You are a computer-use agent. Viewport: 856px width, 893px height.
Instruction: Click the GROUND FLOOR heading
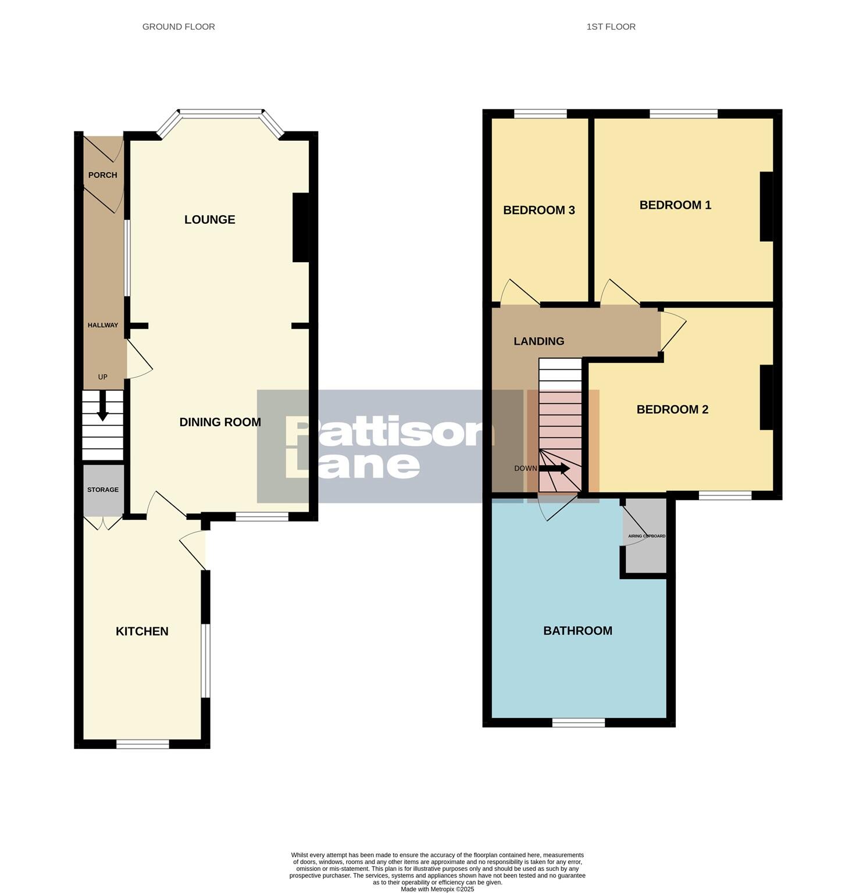[x=179, y=27]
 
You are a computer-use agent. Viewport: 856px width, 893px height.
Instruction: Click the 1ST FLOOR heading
[x=611, y=27]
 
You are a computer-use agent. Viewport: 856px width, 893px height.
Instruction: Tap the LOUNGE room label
[x=209, y=220]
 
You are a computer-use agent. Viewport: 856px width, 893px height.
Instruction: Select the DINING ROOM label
[x=220, y=423]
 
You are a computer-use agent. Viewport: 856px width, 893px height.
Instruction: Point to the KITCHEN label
[x=142, y=631]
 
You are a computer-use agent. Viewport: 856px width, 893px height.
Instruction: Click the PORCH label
[x=103, y=175]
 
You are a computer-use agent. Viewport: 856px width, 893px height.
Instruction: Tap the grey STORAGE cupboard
[x=103, y=490]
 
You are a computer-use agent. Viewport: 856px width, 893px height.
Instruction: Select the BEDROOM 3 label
[x=538, y=210]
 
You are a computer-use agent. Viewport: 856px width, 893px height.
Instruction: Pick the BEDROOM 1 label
[x=675, y=205]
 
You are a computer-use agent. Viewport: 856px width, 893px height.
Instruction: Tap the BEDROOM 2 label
[x=672, y=410]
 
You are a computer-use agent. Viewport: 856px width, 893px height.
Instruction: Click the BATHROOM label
[x=577, y=631]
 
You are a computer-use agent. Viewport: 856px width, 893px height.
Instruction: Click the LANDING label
[x=538, y=341]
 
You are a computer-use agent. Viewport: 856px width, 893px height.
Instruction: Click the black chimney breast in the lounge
[x=301, y=227]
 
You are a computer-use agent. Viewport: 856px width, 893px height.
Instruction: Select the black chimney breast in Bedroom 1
[x=766, y=206]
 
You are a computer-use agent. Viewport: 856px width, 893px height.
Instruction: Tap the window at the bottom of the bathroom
[x=578, y=723]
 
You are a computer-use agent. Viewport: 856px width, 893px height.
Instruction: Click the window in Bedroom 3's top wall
[x=540, y=114]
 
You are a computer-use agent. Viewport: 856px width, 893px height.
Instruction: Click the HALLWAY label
[x=103, y=326]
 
